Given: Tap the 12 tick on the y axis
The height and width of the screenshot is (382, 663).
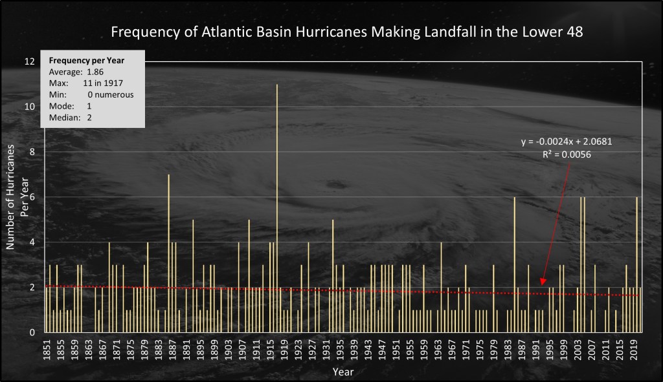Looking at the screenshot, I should [30, 61].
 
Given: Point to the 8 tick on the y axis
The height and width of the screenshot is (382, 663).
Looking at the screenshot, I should [32, 152].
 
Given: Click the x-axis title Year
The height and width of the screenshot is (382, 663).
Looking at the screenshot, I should [343, 372].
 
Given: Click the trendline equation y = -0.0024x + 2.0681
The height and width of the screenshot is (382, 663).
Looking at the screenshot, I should [562, 142].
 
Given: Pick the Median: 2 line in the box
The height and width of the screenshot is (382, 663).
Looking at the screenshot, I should [72, 117].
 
